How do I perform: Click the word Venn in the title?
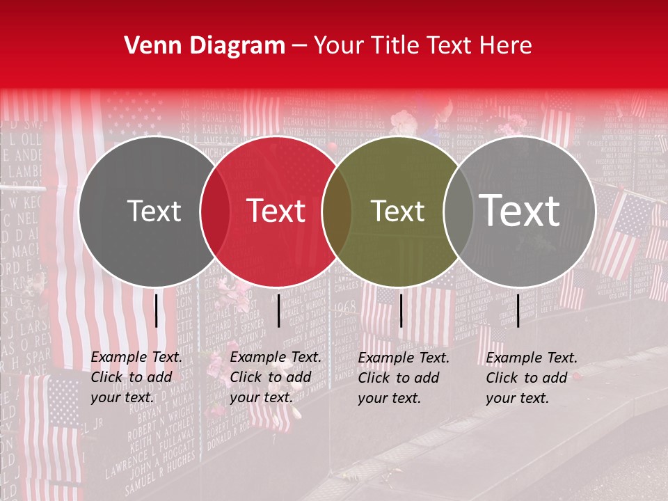pos(150,46)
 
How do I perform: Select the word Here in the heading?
pos(507,46)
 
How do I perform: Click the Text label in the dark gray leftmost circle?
pos(154,211)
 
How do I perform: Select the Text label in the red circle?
pos(276,211)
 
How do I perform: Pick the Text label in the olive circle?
pos(398,211)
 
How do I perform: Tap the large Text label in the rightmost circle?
pos(520,211)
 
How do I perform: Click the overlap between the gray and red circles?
pos(215,211)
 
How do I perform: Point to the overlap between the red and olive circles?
pos(337,211)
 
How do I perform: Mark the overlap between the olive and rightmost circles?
pos(459,211)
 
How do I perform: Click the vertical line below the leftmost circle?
pos(156,310)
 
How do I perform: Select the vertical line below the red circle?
pos(278,310)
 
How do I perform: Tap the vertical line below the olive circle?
pos(401,310)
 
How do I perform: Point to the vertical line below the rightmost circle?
pos(518,310)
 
